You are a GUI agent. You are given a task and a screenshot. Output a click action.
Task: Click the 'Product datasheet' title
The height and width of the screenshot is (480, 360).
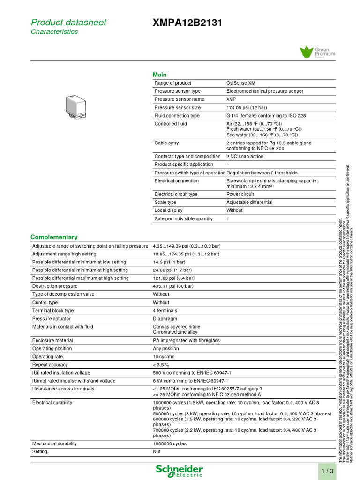(x=68, y=22)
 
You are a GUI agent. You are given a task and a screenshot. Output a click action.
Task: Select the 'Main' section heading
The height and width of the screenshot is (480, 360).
(x=159, y=75)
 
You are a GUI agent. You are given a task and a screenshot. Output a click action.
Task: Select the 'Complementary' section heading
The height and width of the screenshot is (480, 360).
(x=54, y=237)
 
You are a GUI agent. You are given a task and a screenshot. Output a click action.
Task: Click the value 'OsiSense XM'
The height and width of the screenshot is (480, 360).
(x=241, y=83)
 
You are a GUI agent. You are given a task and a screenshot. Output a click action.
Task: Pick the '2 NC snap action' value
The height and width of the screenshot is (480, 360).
(x=245, y=156)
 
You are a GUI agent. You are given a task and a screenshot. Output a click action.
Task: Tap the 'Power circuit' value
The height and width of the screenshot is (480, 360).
(x=240, y=194)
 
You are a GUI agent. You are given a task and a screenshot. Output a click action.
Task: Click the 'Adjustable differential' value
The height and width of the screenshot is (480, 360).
(x=249, y=202)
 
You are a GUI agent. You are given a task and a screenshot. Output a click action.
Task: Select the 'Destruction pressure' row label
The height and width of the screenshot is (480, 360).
(x=55, y=286)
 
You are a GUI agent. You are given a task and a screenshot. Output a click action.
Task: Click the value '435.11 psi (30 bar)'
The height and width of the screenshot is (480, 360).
(x=173, y=286)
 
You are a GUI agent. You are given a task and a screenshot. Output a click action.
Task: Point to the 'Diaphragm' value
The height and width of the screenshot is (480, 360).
(x=164, y=318)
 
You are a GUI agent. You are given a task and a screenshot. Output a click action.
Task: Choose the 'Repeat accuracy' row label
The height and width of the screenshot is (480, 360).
(x=51, y=365)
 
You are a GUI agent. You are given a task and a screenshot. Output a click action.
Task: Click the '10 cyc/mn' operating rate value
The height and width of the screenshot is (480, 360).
(x=164, y=357)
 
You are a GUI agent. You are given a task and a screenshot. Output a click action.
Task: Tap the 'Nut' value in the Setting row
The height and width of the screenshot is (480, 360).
(x=157, y=452)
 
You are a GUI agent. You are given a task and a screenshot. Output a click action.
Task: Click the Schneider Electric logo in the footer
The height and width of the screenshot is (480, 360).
(x=180, y=471)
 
